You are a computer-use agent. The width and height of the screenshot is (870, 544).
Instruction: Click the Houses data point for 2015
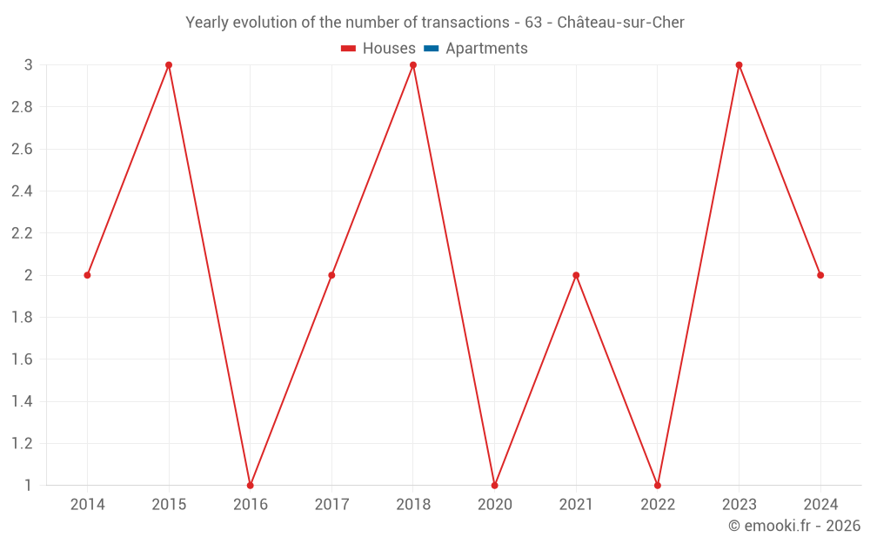pyautogui.click(x=169, y=65)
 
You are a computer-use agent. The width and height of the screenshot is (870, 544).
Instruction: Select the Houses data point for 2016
pyautogui.click(x=251, y=485)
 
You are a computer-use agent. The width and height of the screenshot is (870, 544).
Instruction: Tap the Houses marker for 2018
pyautogui.click(x=413, y=65)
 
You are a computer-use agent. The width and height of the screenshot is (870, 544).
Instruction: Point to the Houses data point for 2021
pyautogui.click(x=576, y=275)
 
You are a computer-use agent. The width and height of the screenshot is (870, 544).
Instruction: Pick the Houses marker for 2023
pyautogui.click(x=739, y=65)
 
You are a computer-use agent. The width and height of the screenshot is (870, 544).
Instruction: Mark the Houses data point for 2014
pyautogui.click(x=87, y=275)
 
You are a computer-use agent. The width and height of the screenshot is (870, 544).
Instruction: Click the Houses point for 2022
pyautogui.click(x=658, y=485)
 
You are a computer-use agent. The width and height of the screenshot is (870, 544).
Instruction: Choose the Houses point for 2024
pyautogui.click(x=820, y=275)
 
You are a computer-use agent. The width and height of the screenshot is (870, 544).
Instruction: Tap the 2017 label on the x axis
pyautogui.click(x=331, y=505)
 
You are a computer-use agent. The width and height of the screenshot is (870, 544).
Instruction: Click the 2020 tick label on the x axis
pyautogui.click(x=494, y=505)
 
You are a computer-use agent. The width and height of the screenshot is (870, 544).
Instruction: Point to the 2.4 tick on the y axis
pyautogui.click(x=22, y=191)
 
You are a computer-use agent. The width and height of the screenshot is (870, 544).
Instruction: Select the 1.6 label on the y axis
pyautogui.click(x=22, y=359)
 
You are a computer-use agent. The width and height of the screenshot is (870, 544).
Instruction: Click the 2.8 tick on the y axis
pyautogui.click(x=22, y=107)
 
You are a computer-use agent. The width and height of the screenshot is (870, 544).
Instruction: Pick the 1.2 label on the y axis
pyautogui.click(x=22, y=443)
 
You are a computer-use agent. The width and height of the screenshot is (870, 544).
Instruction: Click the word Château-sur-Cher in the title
pyautogui.click(x=620, y=23)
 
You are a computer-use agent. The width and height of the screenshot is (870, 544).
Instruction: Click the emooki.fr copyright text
pyautogui.click(x=794, y=526)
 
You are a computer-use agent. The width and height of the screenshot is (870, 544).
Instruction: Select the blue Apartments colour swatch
pyautogui.click(x=432, y=49)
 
